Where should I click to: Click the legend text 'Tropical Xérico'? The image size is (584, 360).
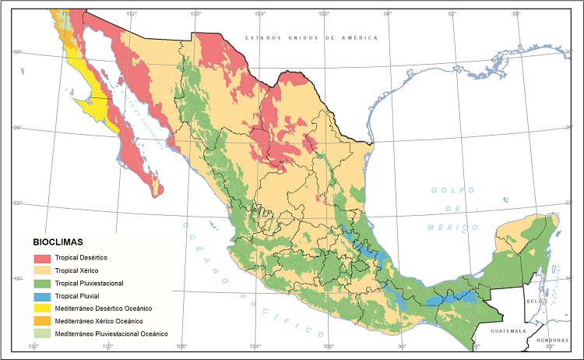coord(86,270)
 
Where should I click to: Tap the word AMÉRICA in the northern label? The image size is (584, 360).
coord(357,37)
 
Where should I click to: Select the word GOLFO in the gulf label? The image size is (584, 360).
coord(451,190)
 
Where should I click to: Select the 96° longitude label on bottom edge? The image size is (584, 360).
coord(402,346)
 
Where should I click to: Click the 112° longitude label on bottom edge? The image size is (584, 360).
coord(107,346)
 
